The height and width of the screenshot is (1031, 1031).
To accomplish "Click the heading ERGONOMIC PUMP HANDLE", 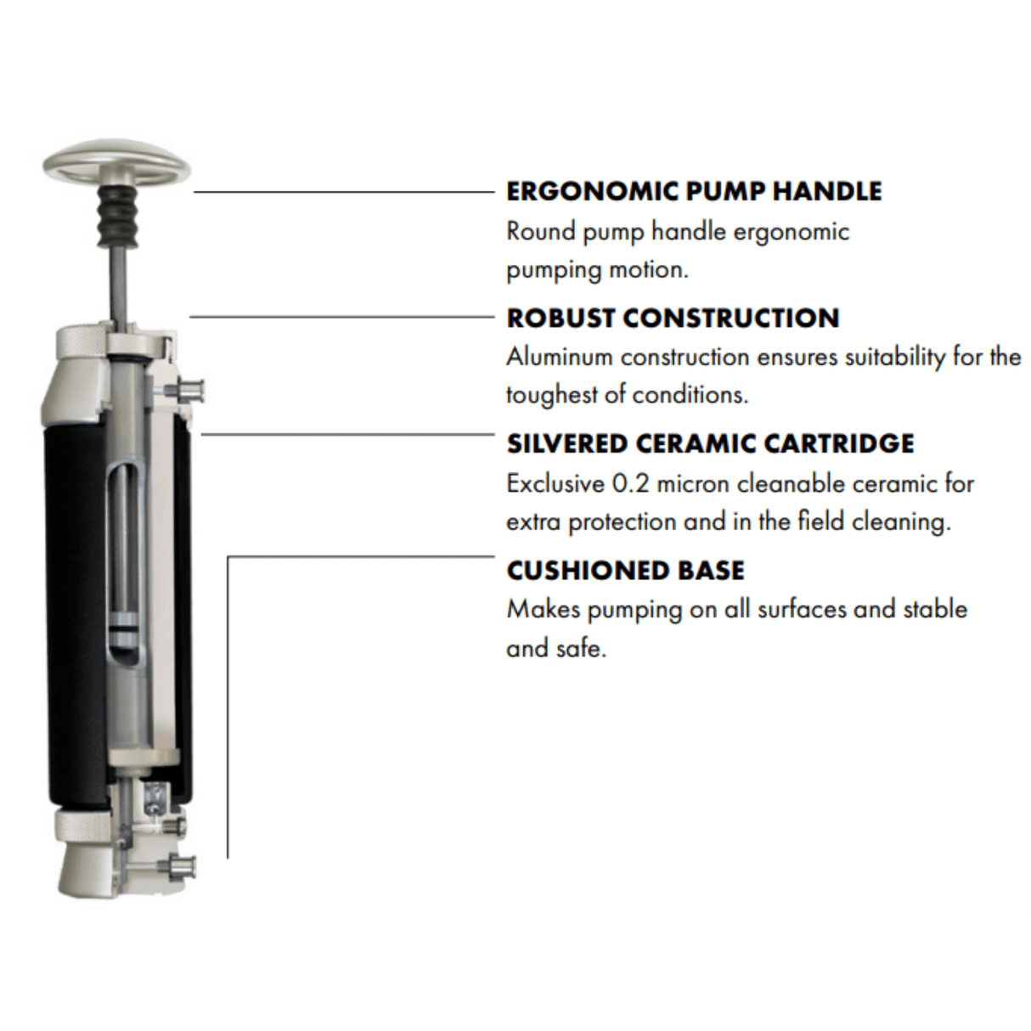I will (x=694, y=191).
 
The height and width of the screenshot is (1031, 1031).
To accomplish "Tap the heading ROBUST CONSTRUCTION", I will (x=673, y=318).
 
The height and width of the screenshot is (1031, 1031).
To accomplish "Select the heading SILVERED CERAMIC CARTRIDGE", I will (x=710, y=443).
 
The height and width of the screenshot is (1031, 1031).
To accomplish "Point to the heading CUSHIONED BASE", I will (x=625, y=570).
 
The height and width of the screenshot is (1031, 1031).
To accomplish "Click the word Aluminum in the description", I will (x=560, y=357).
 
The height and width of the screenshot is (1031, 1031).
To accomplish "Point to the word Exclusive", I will (x=555, y=484).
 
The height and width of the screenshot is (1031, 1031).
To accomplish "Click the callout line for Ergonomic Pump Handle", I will (x=343, y=192).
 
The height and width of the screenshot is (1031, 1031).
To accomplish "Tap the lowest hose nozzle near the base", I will (x=181, y=866).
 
